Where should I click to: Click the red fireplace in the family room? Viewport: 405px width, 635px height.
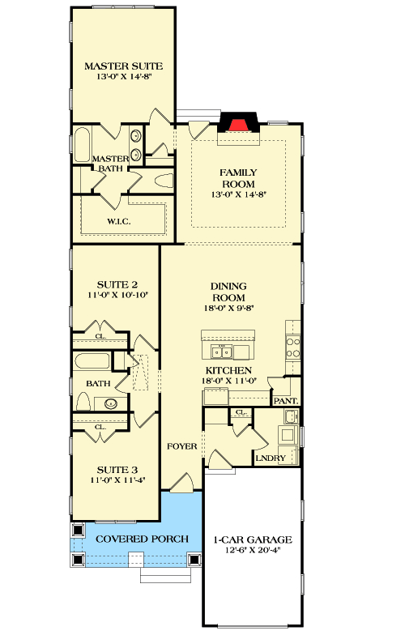[237, 125]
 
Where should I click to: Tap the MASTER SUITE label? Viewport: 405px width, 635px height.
[124, 66]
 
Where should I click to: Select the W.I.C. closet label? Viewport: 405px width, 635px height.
[120, 220]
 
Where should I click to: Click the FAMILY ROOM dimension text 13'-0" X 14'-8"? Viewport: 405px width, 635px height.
[239, 194]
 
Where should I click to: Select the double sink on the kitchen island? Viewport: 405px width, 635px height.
[220, 351]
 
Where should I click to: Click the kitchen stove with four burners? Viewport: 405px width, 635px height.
[293, 347]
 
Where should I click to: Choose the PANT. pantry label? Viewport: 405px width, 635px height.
[286, 400]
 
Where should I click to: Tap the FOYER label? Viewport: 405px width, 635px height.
[182, 446]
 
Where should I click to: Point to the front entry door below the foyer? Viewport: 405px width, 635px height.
[181, 484]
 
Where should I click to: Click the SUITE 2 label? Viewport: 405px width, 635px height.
[117, 284]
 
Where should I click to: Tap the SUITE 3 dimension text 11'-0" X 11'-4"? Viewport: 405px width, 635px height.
[117, 479]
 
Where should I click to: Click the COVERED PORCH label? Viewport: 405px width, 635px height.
[142, 539]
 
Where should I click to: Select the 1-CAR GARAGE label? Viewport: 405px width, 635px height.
[252, 539]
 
